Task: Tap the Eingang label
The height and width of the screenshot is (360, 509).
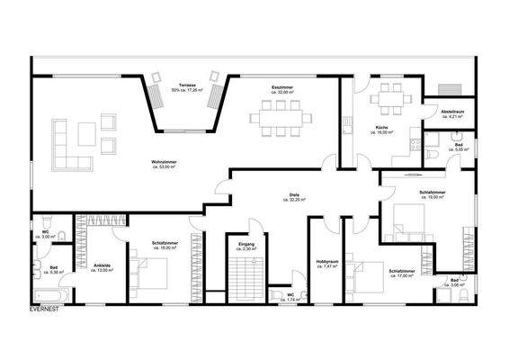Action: coord(246,246)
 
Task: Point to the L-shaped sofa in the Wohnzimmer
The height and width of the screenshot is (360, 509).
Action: coord(67,148)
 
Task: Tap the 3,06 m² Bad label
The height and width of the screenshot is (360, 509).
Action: coord(456,284)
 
